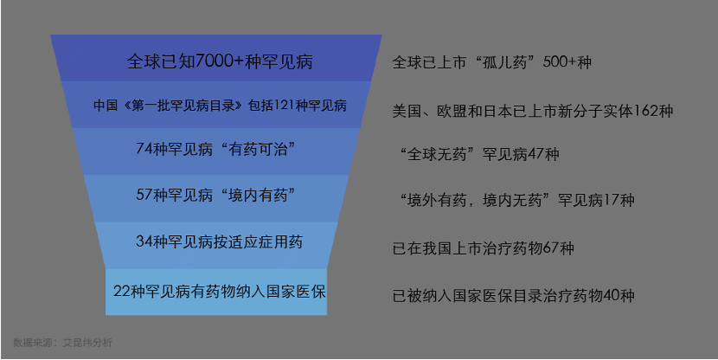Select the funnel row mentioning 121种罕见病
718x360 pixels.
(x=220, y=106)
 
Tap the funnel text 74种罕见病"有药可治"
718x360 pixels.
(x=216, y=150)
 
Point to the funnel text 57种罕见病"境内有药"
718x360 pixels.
(x=216, y=196)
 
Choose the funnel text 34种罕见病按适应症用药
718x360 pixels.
(x=220, y=241)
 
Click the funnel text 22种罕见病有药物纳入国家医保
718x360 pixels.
(x=220, y=290)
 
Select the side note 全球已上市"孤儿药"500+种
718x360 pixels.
(x=491, y=62)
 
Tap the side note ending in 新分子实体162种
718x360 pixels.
(x=533, y=111)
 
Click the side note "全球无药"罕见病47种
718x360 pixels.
(x=480, y=155)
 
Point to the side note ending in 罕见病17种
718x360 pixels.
(x=517, y=201)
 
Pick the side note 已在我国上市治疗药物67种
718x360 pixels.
(x=483, y=248)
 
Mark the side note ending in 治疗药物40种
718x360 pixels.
(x=513, y=296)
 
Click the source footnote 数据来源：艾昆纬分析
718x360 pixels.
(x=62, y=343)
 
